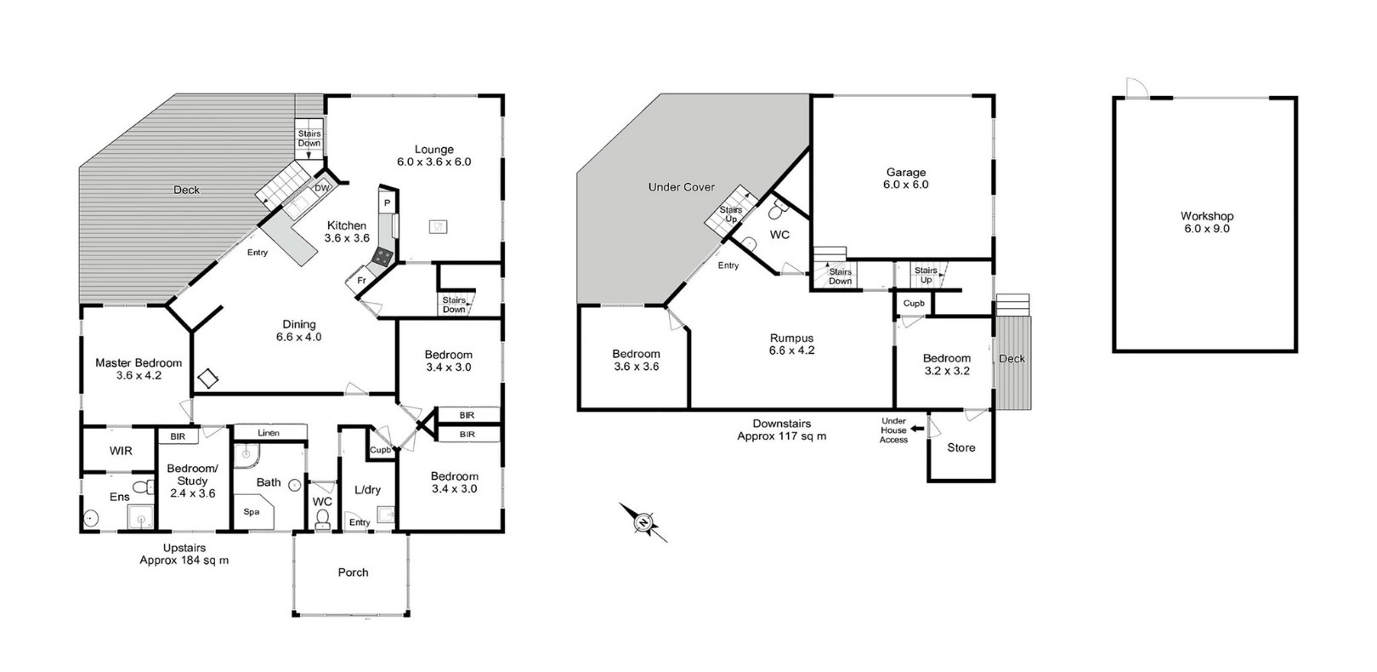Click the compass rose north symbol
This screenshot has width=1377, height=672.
(x=643, y=522)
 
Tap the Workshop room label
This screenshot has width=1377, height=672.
(x=1207, y=216)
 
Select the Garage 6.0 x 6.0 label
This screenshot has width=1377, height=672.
(x=905, y=179)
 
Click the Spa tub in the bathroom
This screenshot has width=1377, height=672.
(x=253, y=510)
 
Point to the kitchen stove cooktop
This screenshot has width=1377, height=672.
(x=384, y=256)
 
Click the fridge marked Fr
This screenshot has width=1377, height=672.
(x=360, y=281)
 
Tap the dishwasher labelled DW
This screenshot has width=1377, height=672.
(x=321, y=188)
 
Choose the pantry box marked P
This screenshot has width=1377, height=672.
(x=388, y=203)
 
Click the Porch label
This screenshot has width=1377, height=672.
(x=354, y=572)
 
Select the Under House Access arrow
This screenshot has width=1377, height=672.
(x=917, y=429)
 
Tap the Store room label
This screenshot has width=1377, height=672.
(x=960, y=447)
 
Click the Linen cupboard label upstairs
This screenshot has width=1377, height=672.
(x=269, y=433)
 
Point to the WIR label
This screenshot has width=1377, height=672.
(x=121, y=451)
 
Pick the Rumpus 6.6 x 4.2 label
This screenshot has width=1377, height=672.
(x=792, y=344)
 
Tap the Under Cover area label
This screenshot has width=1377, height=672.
(x=681, y=186)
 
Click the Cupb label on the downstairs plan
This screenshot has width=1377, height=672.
(x=914, y=304)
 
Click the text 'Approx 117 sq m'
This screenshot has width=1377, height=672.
(x=782, y=436)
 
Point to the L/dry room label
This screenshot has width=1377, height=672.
(x=367, y=490)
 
